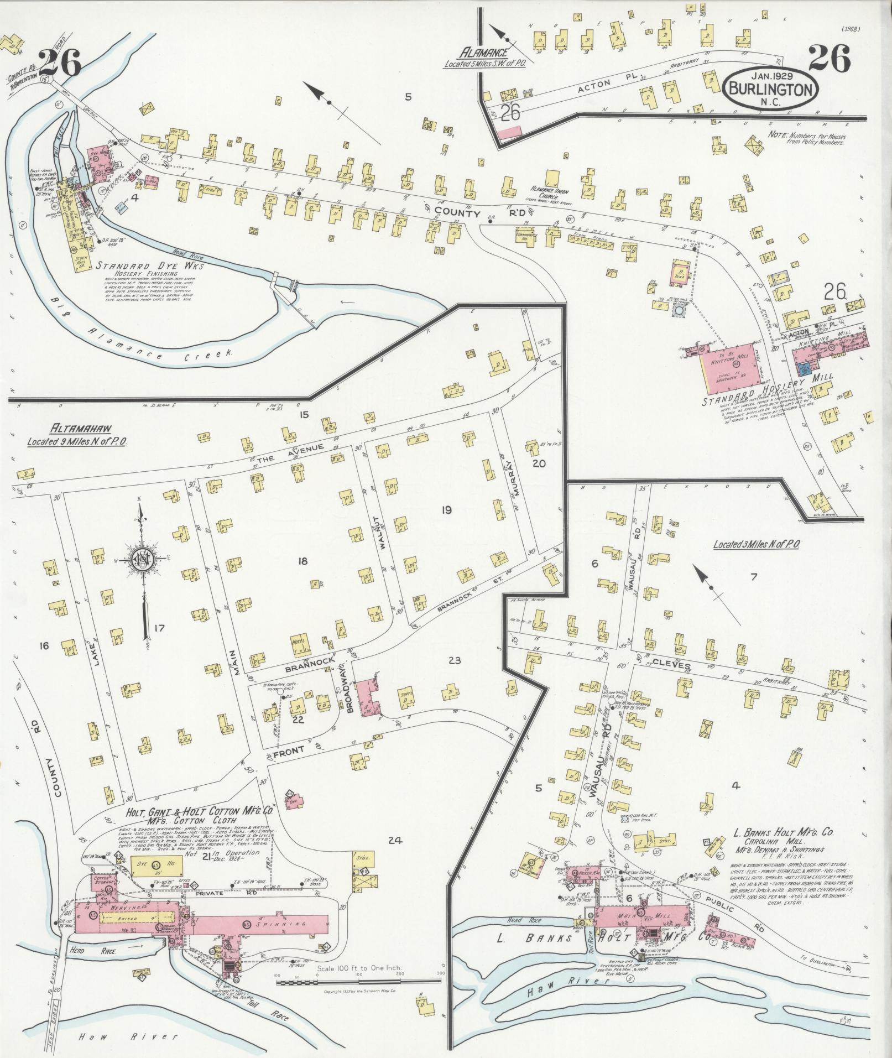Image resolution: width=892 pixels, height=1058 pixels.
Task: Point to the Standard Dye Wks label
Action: tap(150, 266)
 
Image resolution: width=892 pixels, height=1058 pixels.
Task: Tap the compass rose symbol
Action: tap(143, 561)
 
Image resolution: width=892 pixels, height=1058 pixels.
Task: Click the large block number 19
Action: tap(446, 510)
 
